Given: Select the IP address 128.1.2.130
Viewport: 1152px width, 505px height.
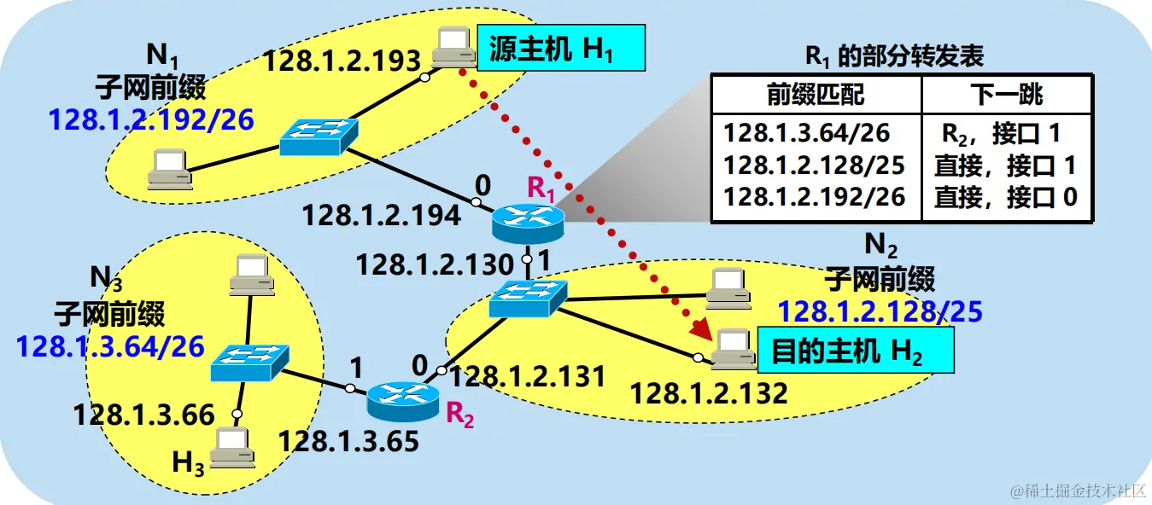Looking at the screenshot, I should [435, 264].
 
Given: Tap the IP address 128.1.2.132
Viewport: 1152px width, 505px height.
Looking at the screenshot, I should [709, 393].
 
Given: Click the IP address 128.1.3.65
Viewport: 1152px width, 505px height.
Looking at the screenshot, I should [349, 441].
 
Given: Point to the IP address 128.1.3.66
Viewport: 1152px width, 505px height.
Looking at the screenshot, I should [143, 415].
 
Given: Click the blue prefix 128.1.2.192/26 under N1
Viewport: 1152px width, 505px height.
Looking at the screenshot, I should [151, 120].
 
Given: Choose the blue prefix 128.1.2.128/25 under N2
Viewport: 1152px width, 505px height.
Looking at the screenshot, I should [880, 312].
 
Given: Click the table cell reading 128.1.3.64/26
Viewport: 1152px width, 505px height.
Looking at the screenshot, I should [807, 133].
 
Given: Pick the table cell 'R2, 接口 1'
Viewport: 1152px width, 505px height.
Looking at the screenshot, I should [1000, 133].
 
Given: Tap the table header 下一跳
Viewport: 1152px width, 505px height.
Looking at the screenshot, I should [1007, 94].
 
